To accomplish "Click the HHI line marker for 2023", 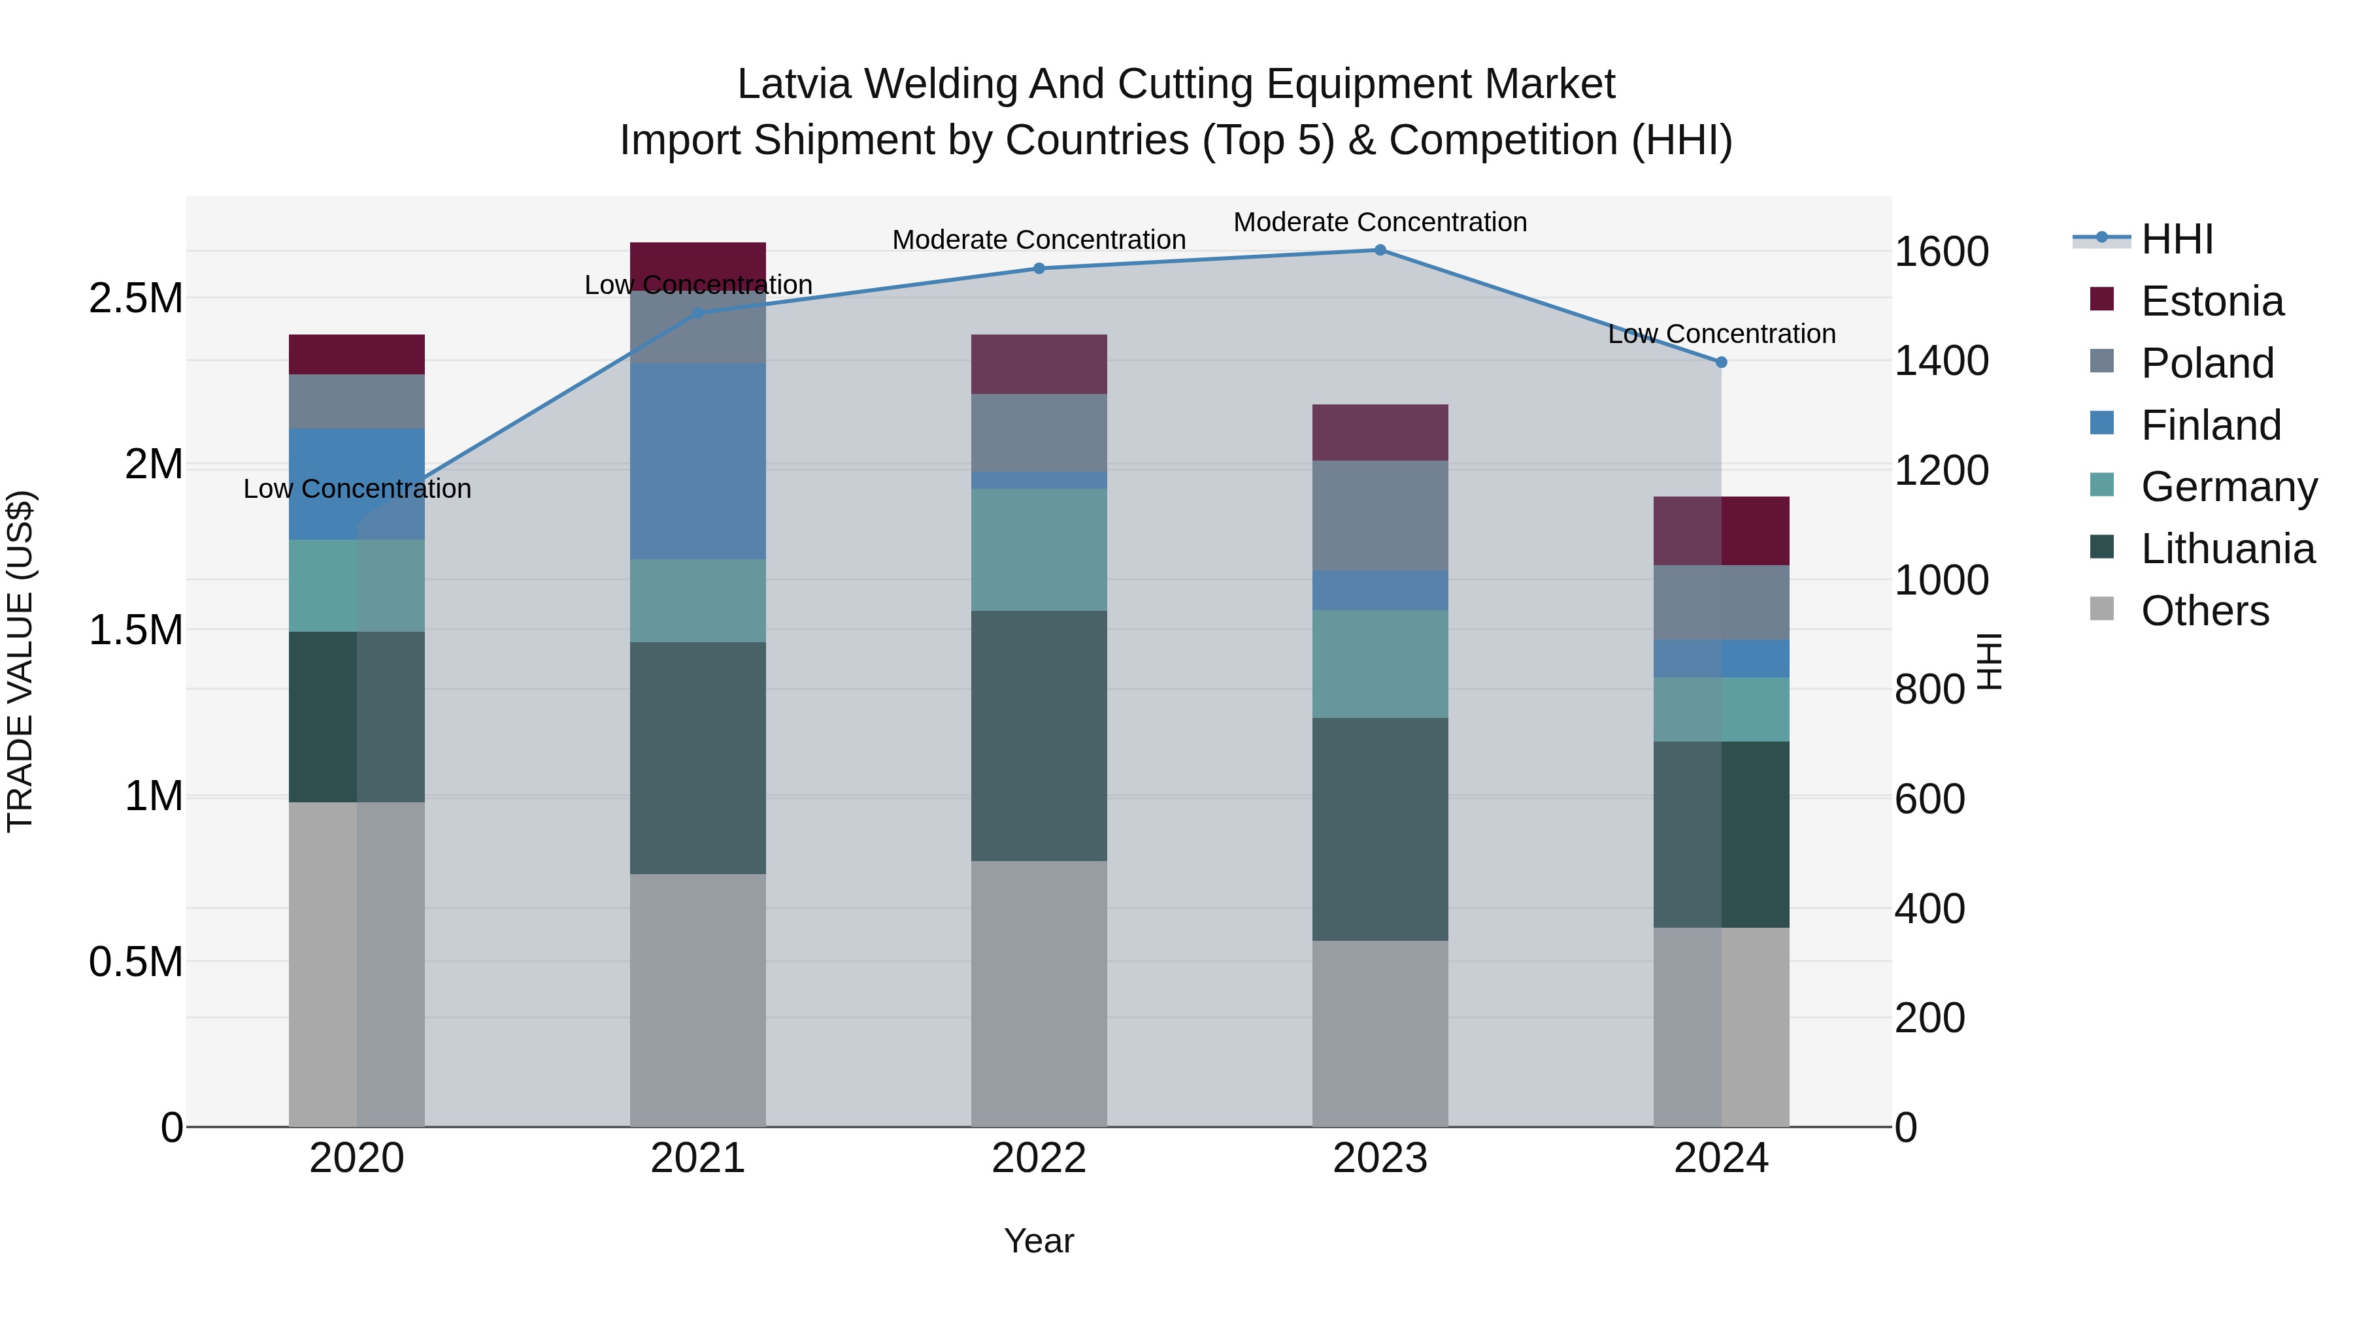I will point(1380,250).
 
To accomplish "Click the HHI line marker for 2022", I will point(1039,269).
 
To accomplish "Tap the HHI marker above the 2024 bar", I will point(1722,363).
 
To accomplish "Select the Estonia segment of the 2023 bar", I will point(1380,433).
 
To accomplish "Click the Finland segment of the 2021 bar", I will point(698,461).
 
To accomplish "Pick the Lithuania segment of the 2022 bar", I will point(1039,736).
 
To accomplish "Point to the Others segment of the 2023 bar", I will point(1380,1034).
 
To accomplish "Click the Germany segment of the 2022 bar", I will point(1039,549).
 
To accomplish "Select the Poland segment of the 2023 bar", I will point(1380,516).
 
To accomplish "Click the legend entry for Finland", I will point(2211,425).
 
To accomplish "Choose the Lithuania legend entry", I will point(2227,549).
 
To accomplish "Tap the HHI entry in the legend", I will point(2177,239).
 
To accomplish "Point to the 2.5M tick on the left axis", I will point(135,299).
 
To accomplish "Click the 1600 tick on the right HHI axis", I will point(1941,252).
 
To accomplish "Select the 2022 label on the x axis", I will point(1039,1158).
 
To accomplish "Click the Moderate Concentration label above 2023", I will point(1380,222).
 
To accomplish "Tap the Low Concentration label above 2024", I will point(1722,334).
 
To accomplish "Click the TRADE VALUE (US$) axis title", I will point(21,661).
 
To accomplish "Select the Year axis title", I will point(1039,1241).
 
